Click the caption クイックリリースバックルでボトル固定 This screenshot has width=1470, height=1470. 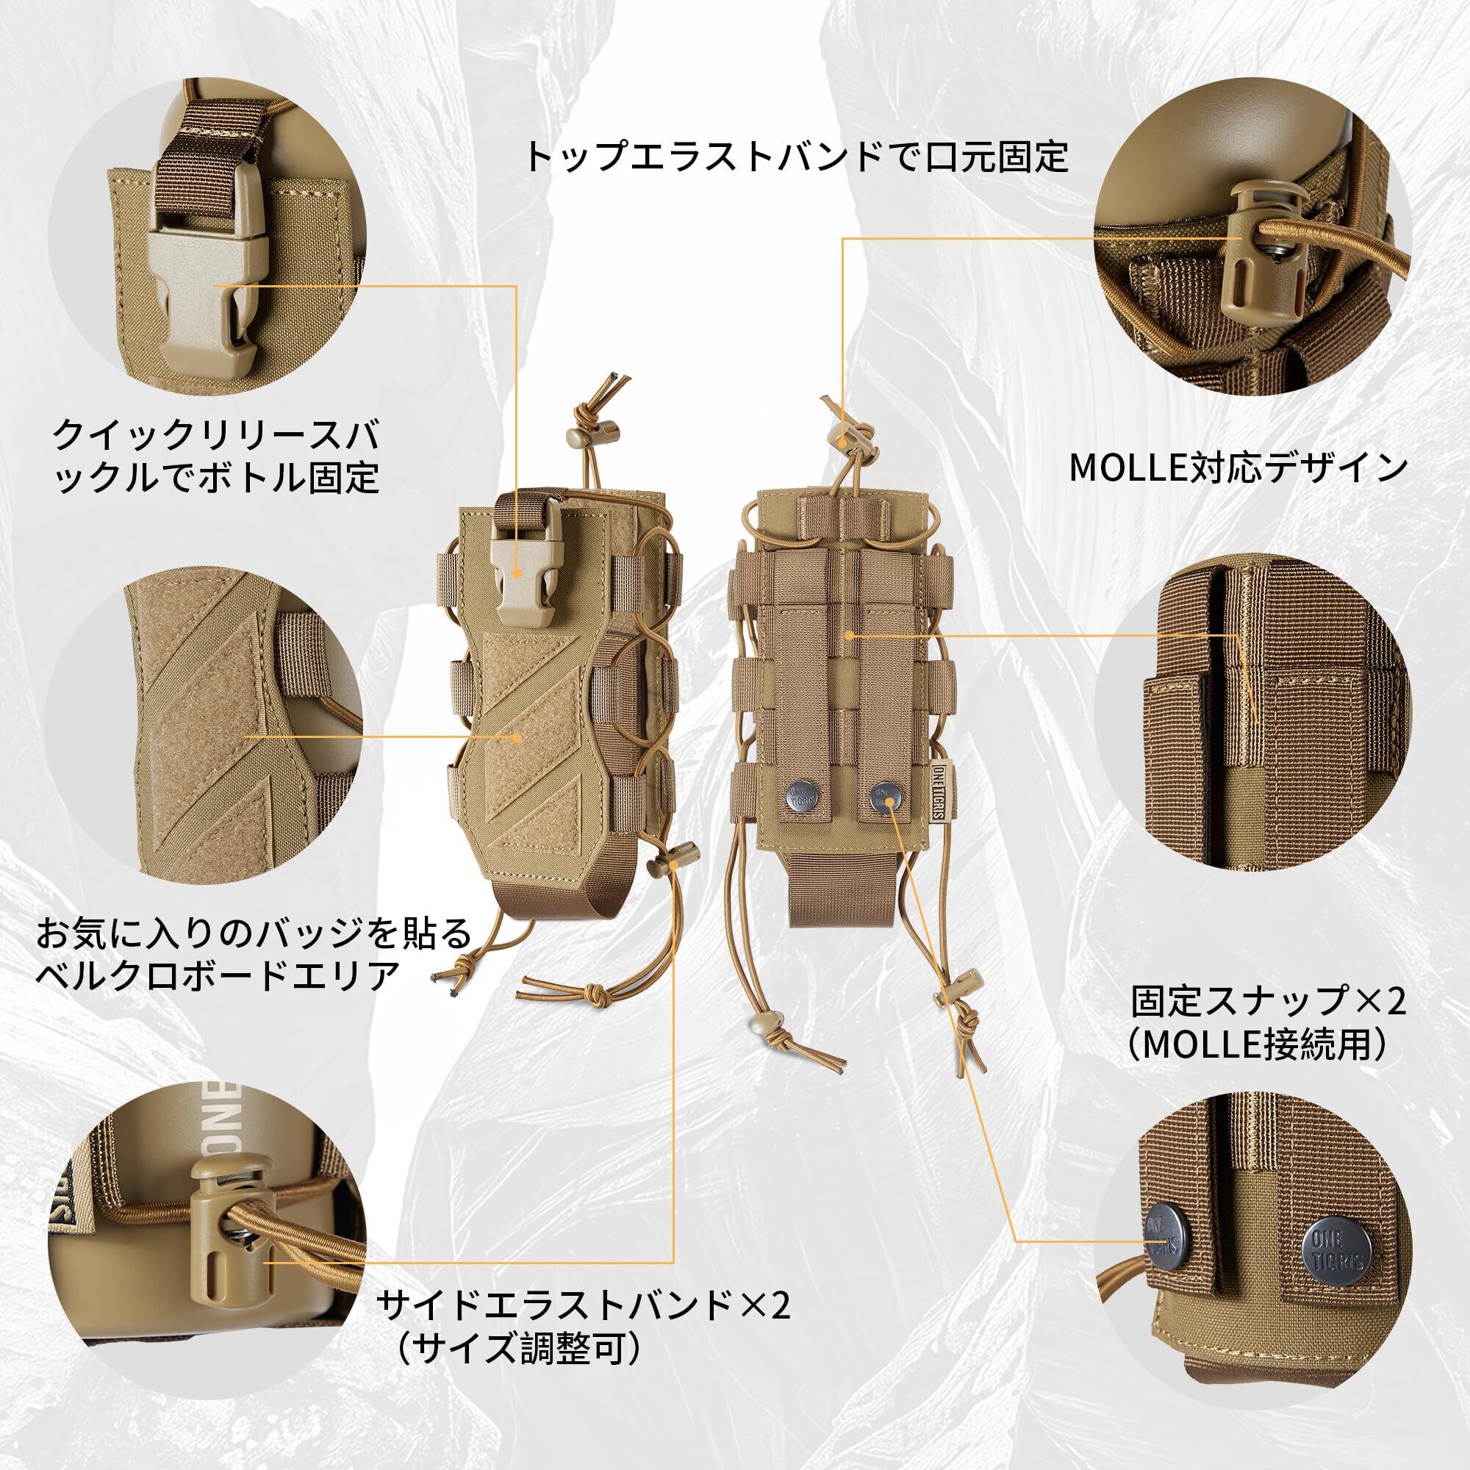[216, 457]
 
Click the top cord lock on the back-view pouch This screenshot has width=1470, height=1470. [845, 438]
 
